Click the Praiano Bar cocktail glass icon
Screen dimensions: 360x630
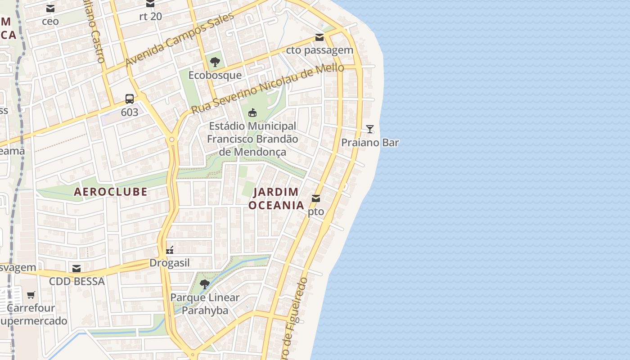369,129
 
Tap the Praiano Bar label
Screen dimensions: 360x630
370,143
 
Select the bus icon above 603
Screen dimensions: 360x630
130,99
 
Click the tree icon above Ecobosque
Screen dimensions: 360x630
215,62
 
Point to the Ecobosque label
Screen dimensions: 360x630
215,75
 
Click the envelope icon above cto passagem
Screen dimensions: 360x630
319,37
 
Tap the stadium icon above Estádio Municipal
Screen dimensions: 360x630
252,112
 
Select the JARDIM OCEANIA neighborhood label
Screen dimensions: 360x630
276,198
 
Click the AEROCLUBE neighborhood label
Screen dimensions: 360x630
111,192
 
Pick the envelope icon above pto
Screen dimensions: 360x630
316,198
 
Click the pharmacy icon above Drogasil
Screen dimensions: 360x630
170,250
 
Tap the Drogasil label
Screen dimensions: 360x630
170,263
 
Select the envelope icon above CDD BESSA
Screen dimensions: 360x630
76,269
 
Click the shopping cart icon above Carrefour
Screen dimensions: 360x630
31,295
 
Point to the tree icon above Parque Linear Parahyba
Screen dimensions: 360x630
205,284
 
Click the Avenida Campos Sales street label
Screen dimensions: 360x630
180,39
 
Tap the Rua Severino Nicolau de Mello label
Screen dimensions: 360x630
267,89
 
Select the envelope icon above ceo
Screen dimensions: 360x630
50,9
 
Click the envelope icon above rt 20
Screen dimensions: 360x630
150,4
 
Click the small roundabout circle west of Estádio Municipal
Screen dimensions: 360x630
171,140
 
